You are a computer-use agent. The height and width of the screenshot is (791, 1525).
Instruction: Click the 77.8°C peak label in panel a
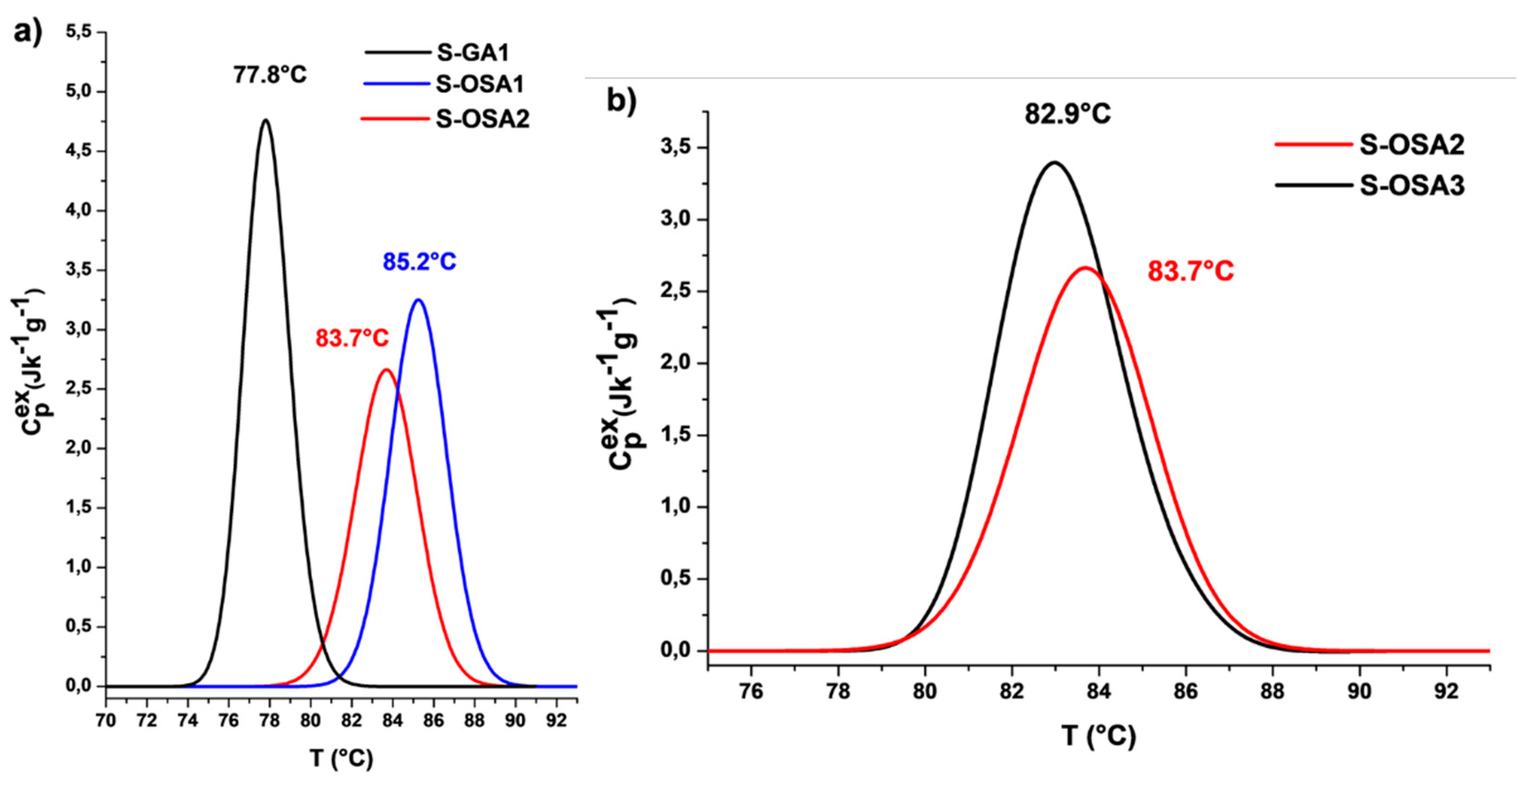[x=270, y=76]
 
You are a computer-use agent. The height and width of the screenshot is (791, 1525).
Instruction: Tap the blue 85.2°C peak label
[x=419, y=262]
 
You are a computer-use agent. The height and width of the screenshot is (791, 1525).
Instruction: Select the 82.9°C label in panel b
[x=1068, y=114]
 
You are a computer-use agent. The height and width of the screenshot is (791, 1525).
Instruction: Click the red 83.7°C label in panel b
[x=1190, y=272]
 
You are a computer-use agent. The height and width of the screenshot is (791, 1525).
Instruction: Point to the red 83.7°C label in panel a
[x=352, y=338]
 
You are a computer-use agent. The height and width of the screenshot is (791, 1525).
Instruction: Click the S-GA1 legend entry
[x=472, y=53]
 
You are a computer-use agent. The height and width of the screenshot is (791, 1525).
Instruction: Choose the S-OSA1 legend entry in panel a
[x=479, y=85]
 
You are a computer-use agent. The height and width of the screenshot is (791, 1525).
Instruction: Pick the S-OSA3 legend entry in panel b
[x=1411, y=186]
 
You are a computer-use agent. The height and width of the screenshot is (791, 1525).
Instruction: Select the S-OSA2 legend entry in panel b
[x=1411, y=145]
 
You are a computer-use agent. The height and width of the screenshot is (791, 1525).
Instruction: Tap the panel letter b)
[x=622, y=102]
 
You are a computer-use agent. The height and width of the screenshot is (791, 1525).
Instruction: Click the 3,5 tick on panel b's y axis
[x=675, y=147]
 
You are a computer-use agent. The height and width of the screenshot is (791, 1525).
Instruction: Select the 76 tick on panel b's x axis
[x=751, y=692]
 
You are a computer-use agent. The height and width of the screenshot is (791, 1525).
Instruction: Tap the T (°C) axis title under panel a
[x=341, y=758]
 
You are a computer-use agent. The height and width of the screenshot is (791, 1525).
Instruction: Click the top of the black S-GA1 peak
[x=265, y=120]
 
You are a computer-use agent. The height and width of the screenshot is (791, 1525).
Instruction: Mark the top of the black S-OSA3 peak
[x=1055, y=162]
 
